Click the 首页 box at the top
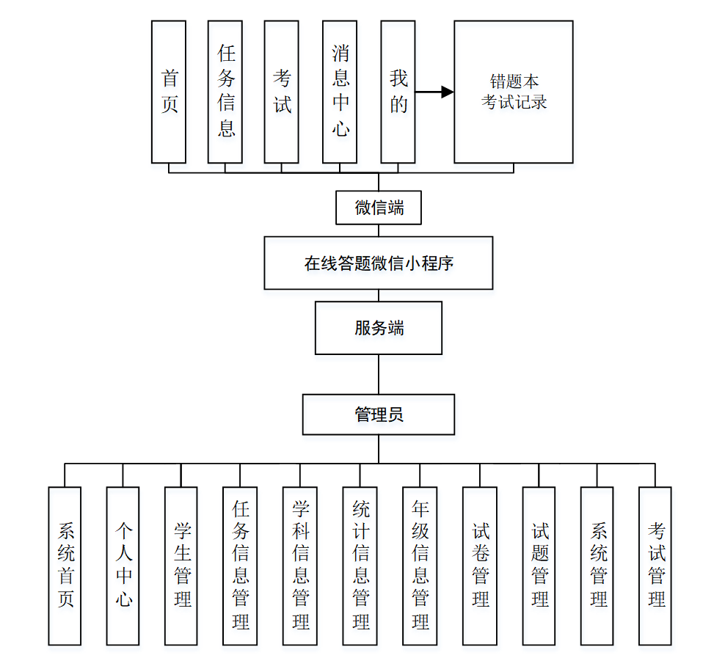pyautogui.click(x=169, y=92)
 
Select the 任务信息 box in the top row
pyautogui.click(x=225, y=92)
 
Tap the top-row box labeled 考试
pyautogui.click(x=282, y=92)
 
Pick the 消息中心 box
pyautogui.click(x=340, y=92)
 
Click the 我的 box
pyautogui.click(x=398, y=92)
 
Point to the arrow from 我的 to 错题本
pyautogui.click(x=434, y=92)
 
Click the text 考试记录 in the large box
pyautogui.click(x=514, y=103)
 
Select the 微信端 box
pyautogui.click(x=379, y=208)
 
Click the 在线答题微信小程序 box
pyautogui.click(x=379, y=263)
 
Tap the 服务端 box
pyautogui.click(x=379, y=328)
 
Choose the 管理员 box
pyautogui.click(x=379, y=414)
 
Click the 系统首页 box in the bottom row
pyautogui.click(x=65, y=566)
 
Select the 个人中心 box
pyautogui.click(x=123, y=566)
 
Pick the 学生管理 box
pyautogui.click(x=182, y=566)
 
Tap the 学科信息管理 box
pyautogui.click(x=300, y=566)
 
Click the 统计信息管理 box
pyautogui.click(x=360, y=566)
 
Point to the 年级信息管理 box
pyautogui.click(x=420, y=566)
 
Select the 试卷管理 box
pyautogui.click(x=480, y=566)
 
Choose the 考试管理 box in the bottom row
pyautogui.click(x=655, y=566)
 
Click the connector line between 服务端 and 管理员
pyautogui.click(x=379, y=374)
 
